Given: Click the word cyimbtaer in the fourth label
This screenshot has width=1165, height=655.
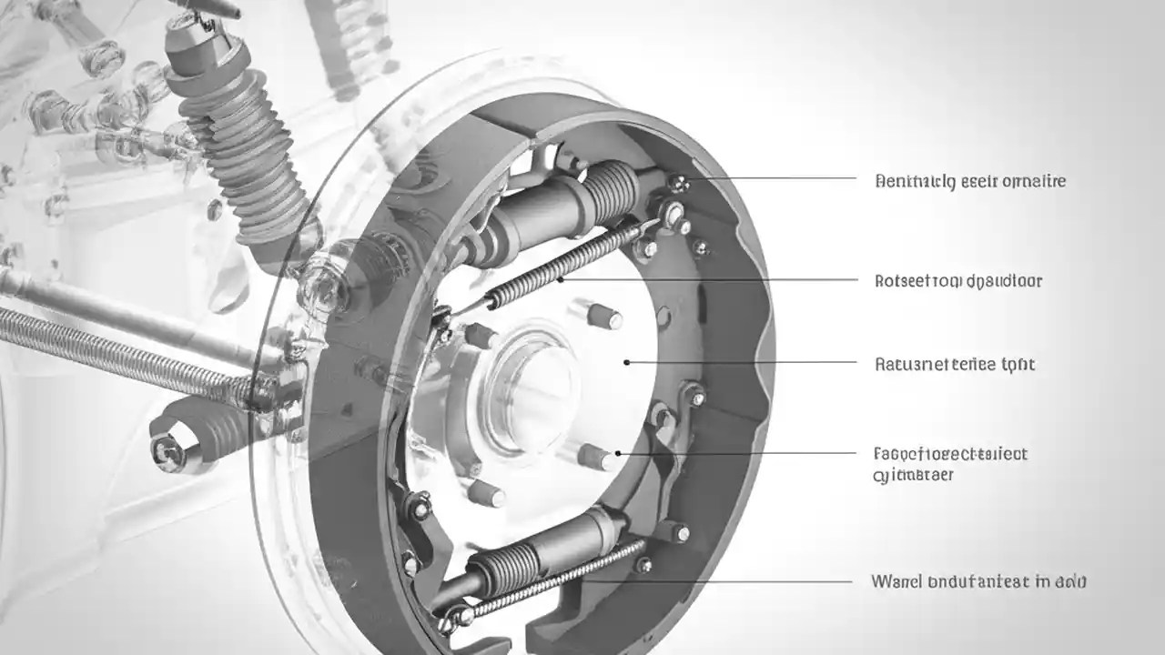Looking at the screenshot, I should tap(913, 475).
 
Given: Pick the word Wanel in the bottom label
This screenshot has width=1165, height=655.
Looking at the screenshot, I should tap(896, 580).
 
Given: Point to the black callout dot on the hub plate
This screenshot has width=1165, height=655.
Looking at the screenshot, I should tap(626, 362).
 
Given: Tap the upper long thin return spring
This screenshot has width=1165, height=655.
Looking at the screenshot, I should tap(564, 264).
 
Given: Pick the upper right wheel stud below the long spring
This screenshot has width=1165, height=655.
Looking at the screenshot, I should tap(603, 316).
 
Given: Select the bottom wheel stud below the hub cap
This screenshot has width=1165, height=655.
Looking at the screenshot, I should tap(488, 494).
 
